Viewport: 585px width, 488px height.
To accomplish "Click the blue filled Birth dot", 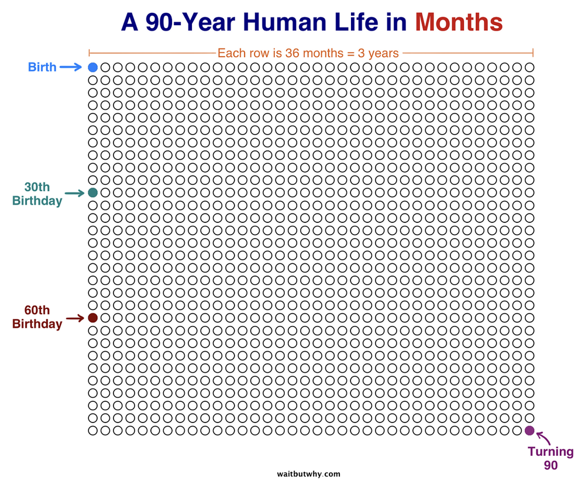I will click(x=92, y=67).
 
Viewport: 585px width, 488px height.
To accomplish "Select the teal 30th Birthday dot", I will click(x=92, y=193).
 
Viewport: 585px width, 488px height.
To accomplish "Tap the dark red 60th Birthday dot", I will click(x=92, y=318).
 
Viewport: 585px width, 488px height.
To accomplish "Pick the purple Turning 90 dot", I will click(x=529, y=431).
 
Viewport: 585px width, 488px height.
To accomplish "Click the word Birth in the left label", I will click(x=43, y=67).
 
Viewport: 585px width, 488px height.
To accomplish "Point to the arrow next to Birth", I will click(x=71, y=67).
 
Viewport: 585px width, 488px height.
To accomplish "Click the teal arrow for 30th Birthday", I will click(x=74, y=193).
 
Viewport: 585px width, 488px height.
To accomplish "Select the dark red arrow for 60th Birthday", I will click(x=75, y=319).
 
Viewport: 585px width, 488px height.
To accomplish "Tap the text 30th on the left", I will click(x=37, y=187).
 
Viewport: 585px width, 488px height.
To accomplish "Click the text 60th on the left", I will click(x=37, y=311).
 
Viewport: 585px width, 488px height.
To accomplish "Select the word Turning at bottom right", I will click(x=550, y=452).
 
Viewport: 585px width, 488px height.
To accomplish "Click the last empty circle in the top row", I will click(x=529, y=67).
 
